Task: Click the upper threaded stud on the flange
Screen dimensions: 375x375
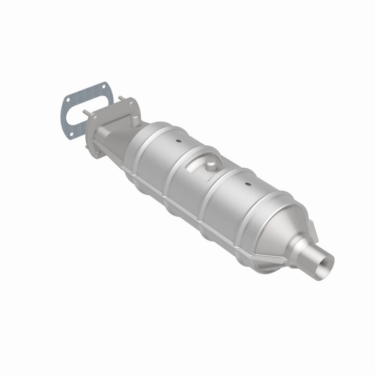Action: pos(121,99)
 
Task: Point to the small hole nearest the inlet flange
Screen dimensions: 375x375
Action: pos(178,141)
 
